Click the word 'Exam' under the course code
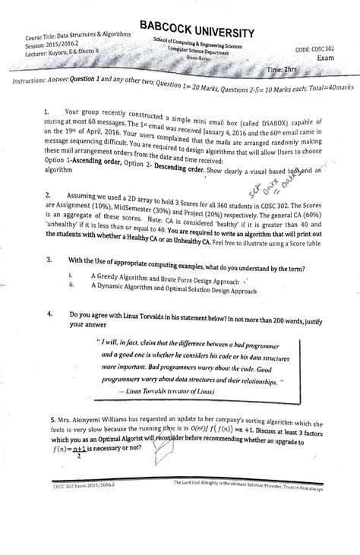click(325, 58)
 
